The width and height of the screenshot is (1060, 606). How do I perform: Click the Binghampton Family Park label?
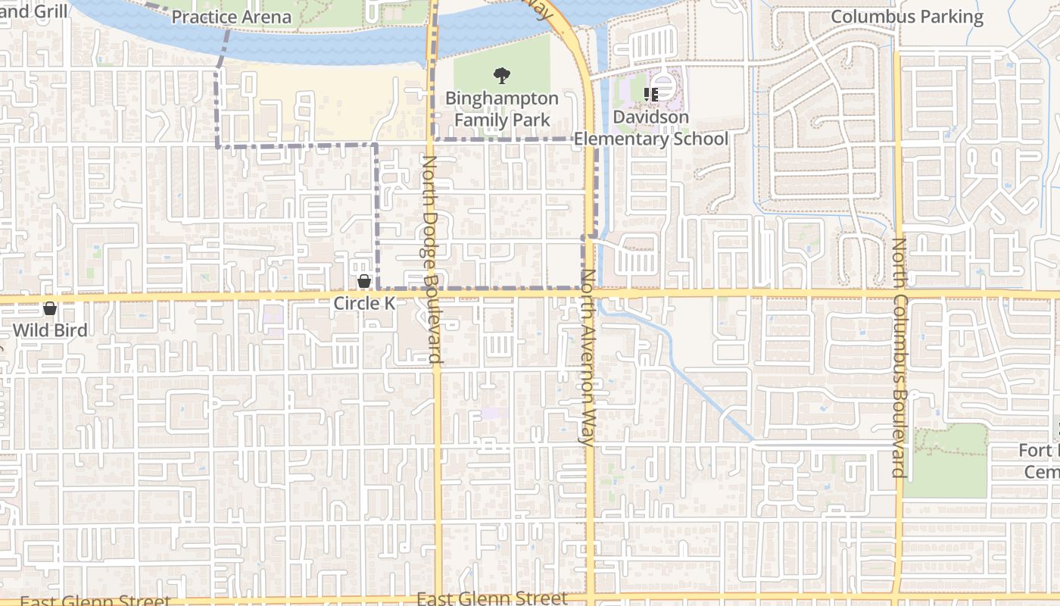coord(501,109)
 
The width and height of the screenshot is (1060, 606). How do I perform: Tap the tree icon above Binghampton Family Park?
coord(501,75)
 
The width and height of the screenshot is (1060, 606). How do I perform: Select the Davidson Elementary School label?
coord(650,128)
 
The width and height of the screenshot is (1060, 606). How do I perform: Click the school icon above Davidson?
coord(650,94)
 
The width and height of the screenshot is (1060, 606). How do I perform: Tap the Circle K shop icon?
coord(364,282)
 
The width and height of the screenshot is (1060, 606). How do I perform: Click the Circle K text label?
coord(364,303)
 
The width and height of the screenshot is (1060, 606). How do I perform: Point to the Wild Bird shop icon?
coord(50,308)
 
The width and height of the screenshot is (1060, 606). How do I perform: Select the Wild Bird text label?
coord(50,330)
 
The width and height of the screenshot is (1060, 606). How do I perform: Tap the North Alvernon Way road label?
coord(587,356)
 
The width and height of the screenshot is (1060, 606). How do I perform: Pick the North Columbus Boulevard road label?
coord(899,358)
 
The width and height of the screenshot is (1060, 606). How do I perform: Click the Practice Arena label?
coord(231,17)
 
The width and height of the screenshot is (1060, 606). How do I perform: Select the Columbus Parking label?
coord(907,17)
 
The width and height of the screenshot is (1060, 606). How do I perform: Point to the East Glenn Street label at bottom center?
coord(491,598)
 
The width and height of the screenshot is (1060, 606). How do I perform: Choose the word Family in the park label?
coord(480,120)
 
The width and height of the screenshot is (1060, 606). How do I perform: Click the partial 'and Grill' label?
coord(33,11)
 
